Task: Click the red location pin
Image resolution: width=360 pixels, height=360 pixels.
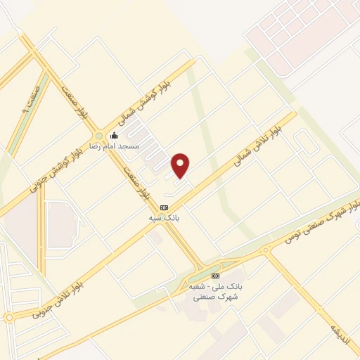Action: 181,166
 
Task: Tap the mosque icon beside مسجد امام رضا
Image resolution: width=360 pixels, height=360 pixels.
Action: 115,136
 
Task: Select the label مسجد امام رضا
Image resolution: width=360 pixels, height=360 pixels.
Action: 113,146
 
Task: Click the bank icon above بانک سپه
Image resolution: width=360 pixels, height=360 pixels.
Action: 165,207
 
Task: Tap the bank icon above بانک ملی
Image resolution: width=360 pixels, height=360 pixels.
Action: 215,276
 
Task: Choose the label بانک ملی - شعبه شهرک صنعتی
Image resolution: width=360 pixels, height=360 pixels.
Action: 213,292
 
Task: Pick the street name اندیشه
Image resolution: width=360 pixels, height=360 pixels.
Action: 339,331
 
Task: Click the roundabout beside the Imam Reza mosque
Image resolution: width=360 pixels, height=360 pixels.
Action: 98,136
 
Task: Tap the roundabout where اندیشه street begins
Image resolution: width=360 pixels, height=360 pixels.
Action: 266,250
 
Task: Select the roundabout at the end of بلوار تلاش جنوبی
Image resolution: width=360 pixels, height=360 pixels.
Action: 8,318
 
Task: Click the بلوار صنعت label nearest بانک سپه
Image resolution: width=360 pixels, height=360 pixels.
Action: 136,181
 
